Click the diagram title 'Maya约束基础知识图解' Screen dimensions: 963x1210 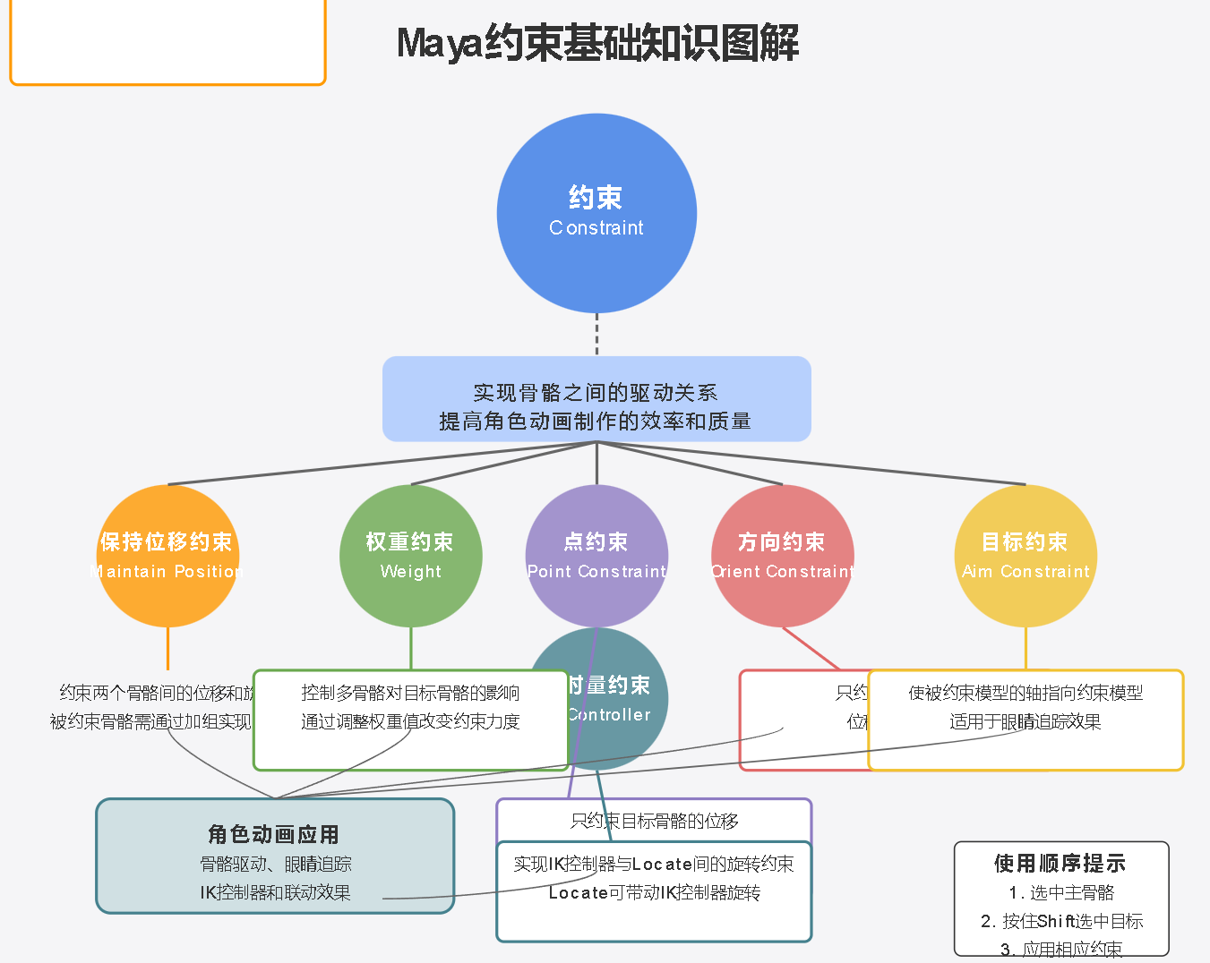click(x=597, y=43)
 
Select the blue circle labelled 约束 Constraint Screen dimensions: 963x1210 click(x=596, y=213)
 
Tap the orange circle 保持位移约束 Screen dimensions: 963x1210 click(x=167, y=555)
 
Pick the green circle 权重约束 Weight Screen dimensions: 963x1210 click(x=410, y=555)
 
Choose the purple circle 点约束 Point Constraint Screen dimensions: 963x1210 click(x=596, y=555)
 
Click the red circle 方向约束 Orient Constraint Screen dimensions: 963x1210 click(x=782, y=555)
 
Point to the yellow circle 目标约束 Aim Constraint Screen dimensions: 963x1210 click(x=1025, y=555)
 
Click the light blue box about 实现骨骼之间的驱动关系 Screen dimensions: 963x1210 click(x=596, y=399)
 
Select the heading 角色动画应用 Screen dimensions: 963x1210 click(x=274, y=834)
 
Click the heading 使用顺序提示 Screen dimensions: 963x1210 click(x=1060, y=863)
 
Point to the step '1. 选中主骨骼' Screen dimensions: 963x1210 click(x=1061, y=892)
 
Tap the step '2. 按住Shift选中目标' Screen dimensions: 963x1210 click(x=1061, y=921)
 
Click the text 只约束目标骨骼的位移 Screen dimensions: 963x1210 click(x=654, y=820)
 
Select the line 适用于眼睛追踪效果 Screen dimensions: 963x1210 click(x=1025, y=721)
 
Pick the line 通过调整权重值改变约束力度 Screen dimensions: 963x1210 click(x=410, y=721)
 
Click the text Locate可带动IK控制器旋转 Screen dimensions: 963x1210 click(x=654, y=892)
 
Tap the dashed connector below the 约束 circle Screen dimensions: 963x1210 click(x=596, y=335)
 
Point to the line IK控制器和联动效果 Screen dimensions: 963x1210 click(x=275, y=892)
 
